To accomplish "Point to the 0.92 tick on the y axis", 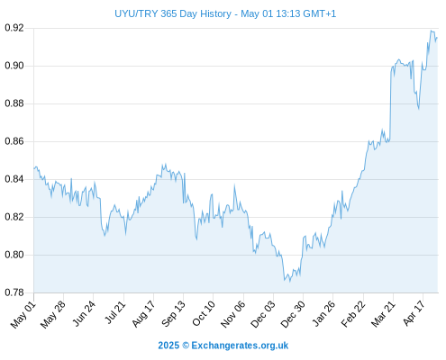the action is coord(14,28).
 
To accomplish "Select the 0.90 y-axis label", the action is coord(14,66).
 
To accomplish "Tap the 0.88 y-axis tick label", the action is coord(14,103).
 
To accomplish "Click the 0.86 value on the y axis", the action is coord(14,141).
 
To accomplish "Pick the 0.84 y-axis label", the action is coord(14,179).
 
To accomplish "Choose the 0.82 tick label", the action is coord(14,217).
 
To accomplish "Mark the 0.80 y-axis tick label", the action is coord(14,255).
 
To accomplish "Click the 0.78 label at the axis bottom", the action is coord(14,292).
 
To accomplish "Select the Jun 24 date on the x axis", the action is coord(84,314).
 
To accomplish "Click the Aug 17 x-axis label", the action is coord(143,314).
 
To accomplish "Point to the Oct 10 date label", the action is coord(204,313).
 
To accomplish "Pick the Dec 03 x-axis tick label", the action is coord(263,314).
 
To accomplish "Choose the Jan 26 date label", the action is coord(323,313).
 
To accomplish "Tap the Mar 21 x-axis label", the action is coord(383,314).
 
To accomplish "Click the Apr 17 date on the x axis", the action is coord(414,313).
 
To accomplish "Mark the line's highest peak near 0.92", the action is coord(431,31).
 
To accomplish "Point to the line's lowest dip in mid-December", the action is coord(290,282).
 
